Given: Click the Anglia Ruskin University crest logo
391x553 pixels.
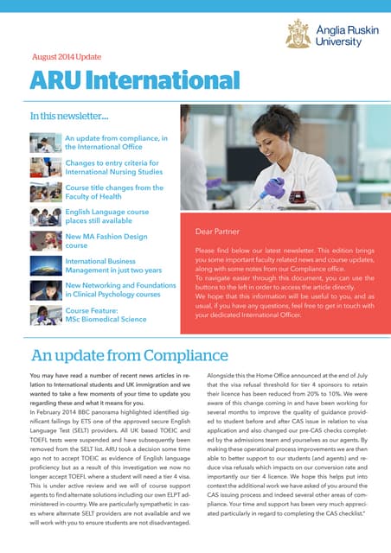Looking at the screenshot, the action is click(298, 32).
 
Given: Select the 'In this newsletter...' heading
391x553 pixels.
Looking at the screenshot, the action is click(69, 115).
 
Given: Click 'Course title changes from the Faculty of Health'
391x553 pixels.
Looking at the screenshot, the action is click(113, 192).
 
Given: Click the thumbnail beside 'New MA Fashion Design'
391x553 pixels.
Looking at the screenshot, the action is click(44, 241).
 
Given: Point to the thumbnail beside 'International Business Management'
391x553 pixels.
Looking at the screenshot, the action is click(44, 265).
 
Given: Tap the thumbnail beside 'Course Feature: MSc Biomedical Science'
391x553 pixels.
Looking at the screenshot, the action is click(44, 315).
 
